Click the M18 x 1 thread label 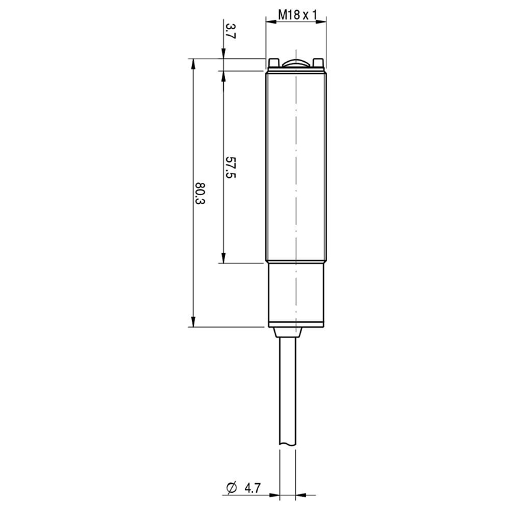click(297, 15)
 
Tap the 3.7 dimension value click(230, 31)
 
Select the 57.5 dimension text click(230, 167)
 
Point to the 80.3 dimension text click(200, 193)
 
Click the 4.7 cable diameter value click(252, 488)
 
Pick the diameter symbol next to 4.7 click(231, 488)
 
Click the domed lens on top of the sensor click(296, 64)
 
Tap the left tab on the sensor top click(274, 62)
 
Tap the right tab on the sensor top click(317, 62)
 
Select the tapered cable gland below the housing click(288, 332)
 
